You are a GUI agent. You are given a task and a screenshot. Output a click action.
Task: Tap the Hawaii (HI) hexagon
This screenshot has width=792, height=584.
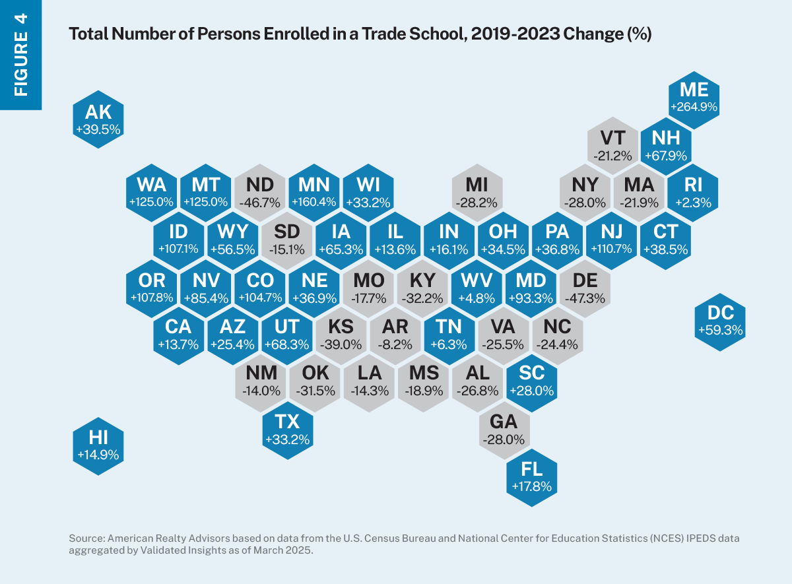98,445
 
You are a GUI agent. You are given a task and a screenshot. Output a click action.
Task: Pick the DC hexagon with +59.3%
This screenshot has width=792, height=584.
721,319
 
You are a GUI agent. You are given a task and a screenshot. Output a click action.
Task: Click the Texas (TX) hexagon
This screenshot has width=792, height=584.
287,430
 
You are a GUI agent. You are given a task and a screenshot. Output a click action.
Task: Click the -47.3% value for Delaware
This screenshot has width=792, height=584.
585,298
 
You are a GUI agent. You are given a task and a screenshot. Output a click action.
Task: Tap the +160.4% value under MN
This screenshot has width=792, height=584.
314,203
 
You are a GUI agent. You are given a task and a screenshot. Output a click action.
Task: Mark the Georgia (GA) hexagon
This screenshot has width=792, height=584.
504,430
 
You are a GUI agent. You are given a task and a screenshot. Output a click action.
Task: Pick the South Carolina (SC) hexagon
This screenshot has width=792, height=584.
531,382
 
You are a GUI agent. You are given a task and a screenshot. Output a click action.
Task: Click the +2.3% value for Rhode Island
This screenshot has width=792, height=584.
694,203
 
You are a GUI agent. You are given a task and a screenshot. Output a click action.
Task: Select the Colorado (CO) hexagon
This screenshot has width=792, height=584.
260,288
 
